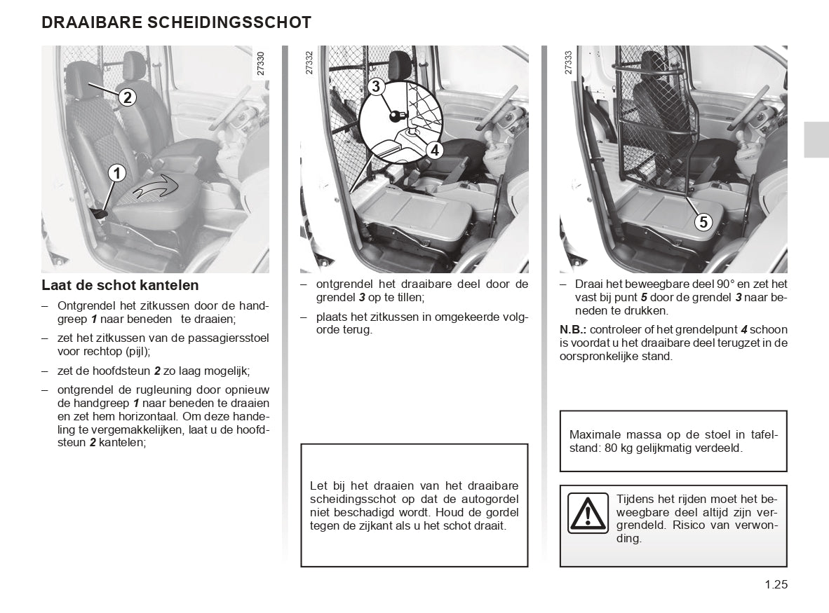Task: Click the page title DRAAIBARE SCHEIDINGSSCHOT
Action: (176, 22)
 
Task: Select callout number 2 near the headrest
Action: (127, 97)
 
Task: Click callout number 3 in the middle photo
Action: (376, 87)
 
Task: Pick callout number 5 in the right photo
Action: (703, 222)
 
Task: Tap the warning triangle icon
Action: (588, 513)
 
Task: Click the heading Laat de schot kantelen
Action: (120, 285)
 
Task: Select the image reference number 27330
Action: (261, 63)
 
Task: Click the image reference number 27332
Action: (309, 63)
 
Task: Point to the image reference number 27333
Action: (568, 63)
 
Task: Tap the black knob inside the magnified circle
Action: (397, 116)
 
